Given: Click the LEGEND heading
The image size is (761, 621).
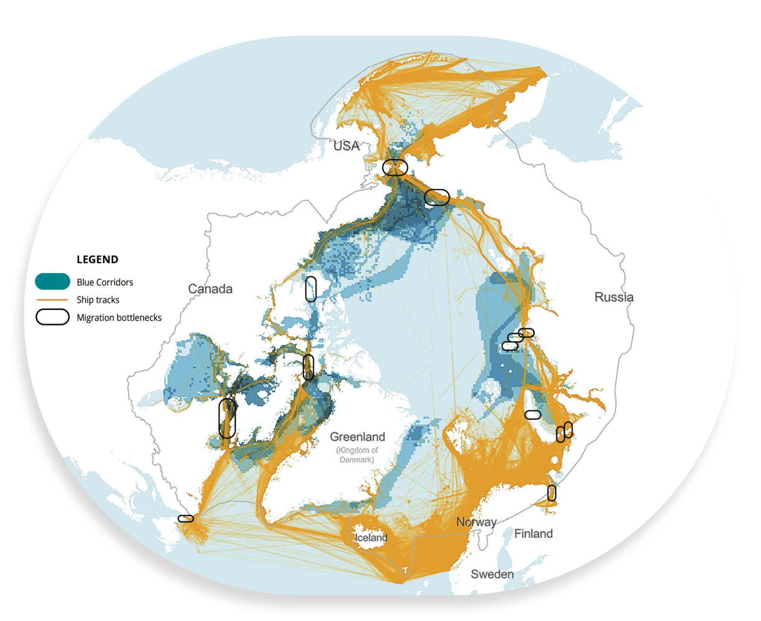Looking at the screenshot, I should pos(97,260).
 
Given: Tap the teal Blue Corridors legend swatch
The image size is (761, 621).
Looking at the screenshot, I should pos(52,281).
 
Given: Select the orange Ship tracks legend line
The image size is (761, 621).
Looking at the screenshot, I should pos(52,299).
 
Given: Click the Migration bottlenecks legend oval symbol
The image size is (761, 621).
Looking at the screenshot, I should pos(52,317).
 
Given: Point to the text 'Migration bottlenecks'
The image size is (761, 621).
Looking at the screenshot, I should pos(119,317).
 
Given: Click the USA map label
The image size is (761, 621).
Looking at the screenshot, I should pos(346,146).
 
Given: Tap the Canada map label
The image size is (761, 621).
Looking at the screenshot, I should pos(210,289).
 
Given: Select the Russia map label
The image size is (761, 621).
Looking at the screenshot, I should pos(614,297).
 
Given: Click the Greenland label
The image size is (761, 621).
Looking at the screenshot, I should pos(357,437).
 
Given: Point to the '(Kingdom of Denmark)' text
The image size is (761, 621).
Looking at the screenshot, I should pos(357,455).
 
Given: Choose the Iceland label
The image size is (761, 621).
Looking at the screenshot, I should pos(371,538).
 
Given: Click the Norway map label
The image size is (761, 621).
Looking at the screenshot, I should pos(476,522).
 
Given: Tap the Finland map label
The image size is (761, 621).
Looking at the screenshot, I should pos(533,533).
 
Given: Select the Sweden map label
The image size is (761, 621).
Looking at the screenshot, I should pos(492,574).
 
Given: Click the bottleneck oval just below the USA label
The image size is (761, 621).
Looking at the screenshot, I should pos(395,167).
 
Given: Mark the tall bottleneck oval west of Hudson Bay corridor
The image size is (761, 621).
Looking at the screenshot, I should pos(228,418).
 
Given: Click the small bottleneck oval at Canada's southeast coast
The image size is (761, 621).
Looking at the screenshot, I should pos(185,518).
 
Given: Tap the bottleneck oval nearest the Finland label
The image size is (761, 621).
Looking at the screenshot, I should pos(551,492).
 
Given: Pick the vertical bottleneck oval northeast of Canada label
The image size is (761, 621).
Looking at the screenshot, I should pos(311,289).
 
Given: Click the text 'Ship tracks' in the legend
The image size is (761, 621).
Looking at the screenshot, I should pos(98,299).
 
